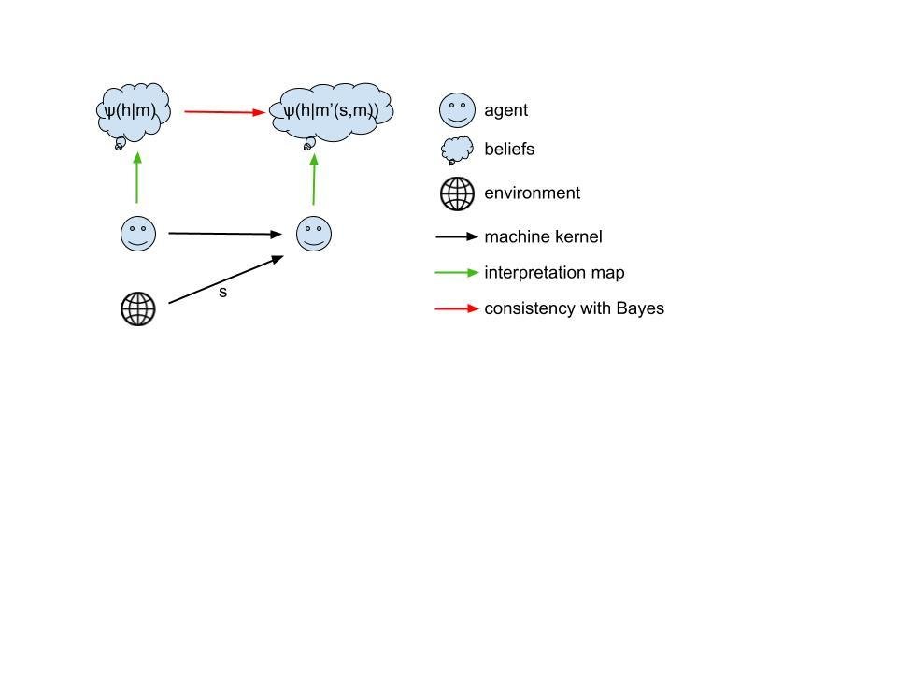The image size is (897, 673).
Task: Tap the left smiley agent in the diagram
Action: [x=138, y=233]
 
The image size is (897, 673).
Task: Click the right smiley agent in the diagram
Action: [x=314, y=234]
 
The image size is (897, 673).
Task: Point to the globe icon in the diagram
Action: [x=138, y=308]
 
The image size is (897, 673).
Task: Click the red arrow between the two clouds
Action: [x=225, y=112]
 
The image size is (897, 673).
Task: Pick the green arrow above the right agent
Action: [x=314, y=179]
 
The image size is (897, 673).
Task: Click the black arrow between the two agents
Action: [x=224, y=234]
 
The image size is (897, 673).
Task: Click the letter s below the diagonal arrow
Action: [x=222, y=293]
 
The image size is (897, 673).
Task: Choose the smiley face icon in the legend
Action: [x=457, y=110]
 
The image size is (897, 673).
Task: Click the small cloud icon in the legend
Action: [x=457, y=150]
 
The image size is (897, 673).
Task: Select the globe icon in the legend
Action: [x=457, y=193]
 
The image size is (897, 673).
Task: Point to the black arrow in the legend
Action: [x=457, y=237]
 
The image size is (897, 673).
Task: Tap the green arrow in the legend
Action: [x=457, y=273]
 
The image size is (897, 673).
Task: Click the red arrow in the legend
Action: [x=457, y=308]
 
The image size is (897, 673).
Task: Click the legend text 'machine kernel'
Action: [x=543, y=237]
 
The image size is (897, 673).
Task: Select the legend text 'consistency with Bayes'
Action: [x=574, y=308]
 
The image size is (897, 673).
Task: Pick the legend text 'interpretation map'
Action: [x=554, y=273]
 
